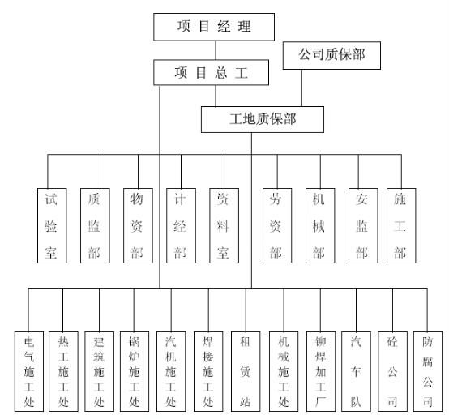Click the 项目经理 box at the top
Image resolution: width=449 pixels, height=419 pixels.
[x=214, y=27]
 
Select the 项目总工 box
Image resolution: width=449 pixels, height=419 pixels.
[x=211, y=72]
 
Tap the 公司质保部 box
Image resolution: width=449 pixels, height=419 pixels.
[x=331, y=56]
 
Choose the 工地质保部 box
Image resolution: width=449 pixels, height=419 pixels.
[x=263, y=119]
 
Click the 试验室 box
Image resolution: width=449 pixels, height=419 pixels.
[x=52, y=225]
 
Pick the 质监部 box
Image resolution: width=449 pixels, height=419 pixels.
[x=95, y=225]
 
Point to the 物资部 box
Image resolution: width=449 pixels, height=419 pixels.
[x=138, y=225]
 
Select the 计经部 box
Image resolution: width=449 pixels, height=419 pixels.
[x=181, y=225]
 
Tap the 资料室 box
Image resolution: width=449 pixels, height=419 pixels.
[x=224, y=225]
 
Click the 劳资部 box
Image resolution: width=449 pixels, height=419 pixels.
[x=277, y=225]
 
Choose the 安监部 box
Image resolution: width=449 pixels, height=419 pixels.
[x=363, y=225]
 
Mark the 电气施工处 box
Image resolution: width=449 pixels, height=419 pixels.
[x=29, y=371]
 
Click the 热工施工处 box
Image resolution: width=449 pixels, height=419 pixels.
[x=63, y=371]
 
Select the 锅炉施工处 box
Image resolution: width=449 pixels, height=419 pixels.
[x=135, y=371]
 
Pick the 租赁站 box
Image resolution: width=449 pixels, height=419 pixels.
[x=246, y=371]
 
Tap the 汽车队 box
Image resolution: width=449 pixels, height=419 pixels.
[x=356, y=371]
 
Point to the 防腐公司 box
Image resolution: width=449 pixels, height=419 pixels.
[x=428, y=371]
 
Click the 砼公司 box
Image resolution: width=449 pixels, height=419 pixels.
[x=392, y=371]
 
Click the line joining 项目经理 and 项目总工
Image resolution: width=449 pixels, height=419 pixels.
[x=216, y=50]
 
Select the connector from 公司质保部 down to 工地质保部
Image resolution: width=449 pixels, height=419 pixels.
[x=301, y=88]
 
